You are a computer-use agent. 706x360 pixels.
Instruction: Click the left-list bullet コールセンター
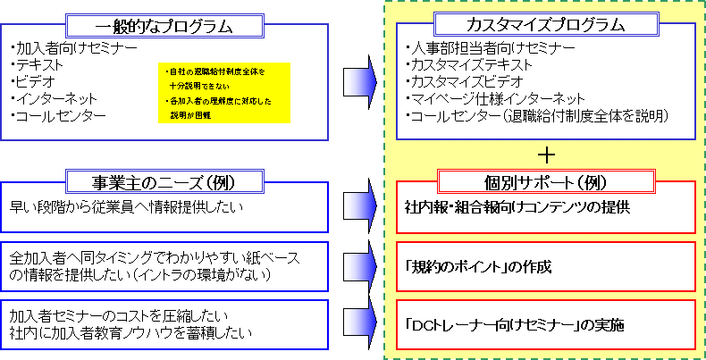coord(55,115)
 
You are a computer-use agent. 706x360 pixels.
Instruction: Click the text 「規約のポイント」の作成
coord(478,266)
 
